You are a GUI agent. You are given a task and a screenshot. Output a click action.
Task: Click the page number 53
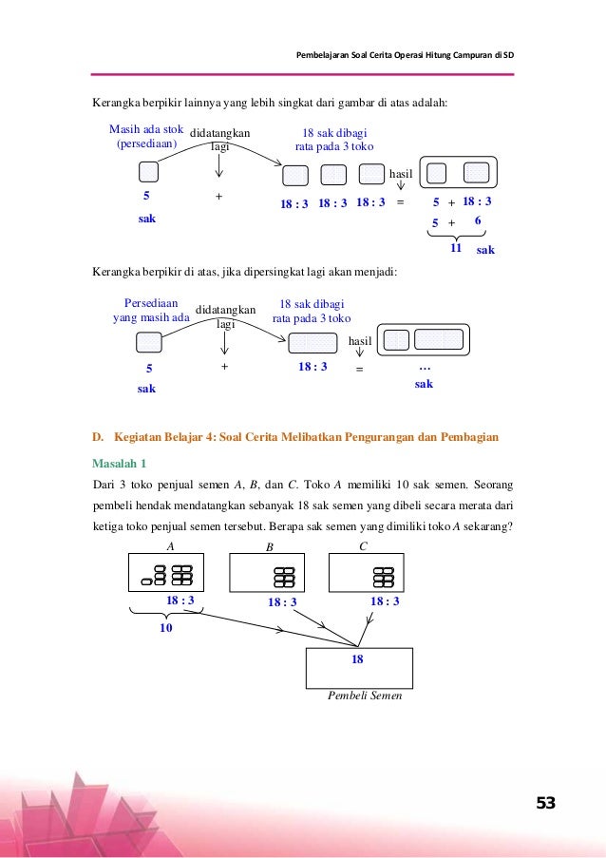click(545, 804)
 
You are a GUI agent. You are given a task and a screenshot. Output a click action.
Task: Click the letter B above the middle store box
click(269, 548)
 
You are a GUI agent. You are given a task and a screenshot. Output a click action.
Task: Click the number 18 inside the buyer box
click(358, 657)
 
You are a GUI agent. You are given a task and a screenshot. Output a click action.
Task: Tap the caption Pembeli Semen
click(364, 696)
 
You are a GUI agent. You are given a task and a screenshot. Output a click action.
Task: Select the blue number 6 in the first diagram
click(478, 221)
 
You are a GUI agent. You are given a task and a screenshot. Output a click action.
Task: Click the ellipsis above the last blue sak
click(424, 366)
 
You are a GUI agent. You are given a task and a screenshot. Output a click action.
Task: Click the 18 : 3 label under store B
click(282, 601)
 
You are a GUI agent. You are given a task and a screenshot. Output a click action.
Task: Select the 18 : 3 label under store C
click(384, 601)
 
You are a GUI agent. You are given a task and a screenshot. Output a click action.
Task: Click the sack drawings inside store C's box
click(384, 577)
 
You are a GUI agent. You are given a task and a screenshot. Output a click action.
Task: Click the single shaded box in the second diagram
click(306, 343)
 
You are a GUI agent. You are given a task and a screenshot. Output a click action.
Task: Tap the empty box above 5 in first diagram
click(148, 173)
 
